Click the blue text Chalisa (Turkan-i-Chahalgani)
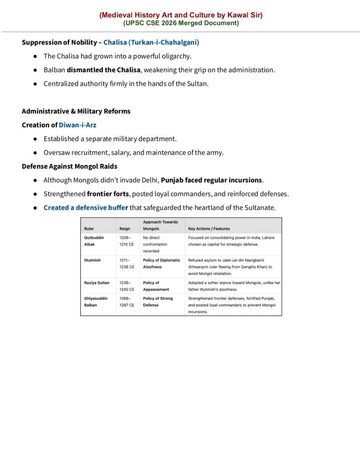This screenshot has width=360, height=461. tap(151, 42)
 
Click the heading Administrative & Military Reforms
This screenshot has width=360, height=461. tap(76, 111)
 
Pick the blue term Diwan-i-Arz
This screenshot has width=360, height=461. tap(78, 125)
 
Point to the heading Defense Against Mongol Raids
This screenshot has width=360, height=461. tap(69, 166)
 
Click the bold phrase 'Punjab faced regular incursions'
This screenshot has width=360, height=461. tap(211, 180)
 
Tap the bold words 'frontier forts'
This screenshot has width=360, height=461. tap(108, 194)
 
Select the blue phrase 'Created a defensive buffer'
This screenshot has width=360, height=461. tap(86, 208)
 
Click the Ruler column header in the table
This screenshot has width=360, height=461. tap(89, 229)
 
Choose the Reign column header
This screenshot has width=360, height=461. tap(125, 229)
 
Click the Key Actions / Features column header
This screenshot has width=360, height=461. tap(209, 229)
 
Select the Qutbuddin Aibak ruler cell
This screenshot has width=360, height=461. tap(94, 241)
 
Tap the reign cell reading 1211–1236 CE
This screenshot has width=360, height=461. tap(127, 264)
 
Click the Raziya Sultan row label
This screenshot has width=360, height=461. tap(97, 283)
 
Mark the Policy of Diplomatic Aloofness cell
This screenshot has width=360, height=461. tap(161, 264)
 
